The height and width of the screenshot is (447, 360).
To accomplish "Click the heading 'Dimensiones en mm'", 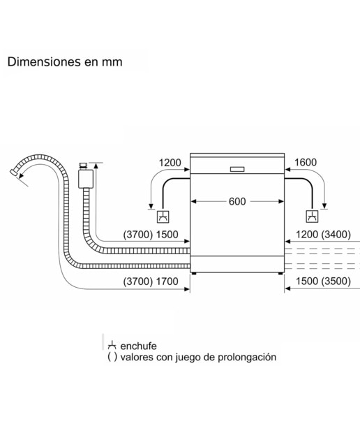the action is pyautogui.click(x=65, y=62).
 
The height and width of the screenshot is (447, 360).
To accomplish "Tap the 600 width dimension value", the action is pyautogui.click(x=237, y=202).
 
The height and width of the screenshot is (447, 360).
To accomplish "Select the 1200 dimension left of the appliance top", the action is pyautogui.click(x=170, y=163).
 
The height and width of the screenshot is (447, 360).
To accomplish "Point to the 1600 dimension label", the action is pyautogui.click(x=306, y=163).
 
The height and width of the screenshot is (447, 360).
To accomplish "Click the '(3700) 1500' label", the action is pyautogui.click(x=151, y=235).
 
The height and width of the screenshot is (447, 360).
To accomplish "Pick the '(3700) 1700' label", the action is pyautogui.click(x=151, y=281).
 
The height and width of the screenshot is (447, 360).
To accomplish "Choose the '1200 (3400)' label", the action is pyautogui.click(x=323, y=235).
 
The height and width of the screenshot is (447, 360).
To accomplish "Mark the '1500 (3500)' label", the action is pyautogui.click(x=323, y=281).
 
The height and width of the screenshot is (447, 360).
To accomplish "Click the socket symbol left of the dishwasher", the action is pyautogui.click(x=163, y=217).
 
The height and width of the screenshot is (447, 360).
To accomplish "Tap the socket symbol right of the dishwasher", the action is pyautogui.click(x=312, y=217).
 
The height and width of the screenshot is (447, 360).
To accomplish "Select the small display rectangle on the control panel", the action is pyautogui.click(x=237, y=169).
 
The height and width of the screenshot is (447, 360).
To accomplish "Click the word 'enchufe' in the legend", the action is pyautogui.click(x=138, y=346).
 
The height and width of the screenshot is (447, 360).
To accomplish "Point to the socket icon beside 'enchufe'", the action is pyautogui.click(x=112, y=345).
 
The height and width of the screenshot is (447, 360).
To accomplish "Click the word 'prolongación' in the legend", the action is pyautogui.click(x=247, y=357).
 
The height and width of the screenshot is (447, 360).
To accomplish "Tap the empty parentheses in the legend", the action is pyautogui.click(x=112, y=357).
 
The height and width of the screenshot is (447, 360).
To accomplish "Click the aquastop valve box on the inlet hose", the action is pyautogui.click(x=86, y=179).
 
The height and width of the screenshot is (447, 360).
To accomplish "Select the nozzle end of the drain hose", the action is pyautogui.click(x=14, y=173).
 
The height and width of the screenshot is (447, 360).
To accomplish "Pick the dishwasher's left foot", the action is pyautogui.click(x=194, y=274).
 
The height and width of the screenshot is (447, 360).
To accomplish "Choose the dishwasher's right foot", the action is pyautogui.click(x=280, y=274).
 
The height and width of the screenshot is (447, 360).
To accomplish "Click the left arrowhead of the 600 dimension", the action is pyautogui.click(x=193, y=202).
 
